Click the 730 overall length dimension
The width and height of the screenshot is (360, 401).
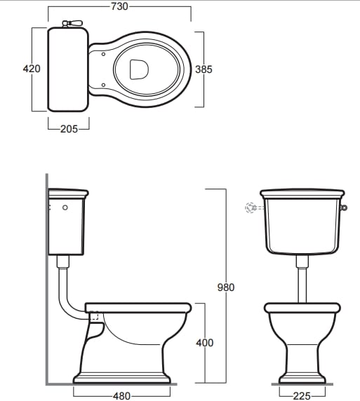tap(119, 6)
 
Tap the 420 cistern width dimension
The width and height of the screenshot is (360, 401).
tap(32, 69)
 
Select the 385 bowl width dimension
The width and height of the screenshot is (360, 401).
tap(204, 69)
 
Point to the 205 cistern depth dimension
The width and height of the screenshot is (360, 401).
tap(69, 129)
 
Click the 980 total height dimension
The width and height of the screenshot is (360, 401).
tap(226, 287)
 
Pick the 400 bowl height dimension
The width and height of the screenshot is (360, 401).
tap(205, 343)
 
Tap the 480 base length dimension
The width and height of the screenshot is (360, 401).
tap(121, 396)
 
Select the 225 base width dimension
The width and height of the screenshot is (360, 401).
tap(302, 396)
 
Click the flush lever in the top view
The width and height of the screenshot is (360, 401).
tap(72, 23)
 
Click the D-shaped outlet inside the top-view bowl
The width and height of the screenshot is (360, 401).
tap(139, 69)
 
